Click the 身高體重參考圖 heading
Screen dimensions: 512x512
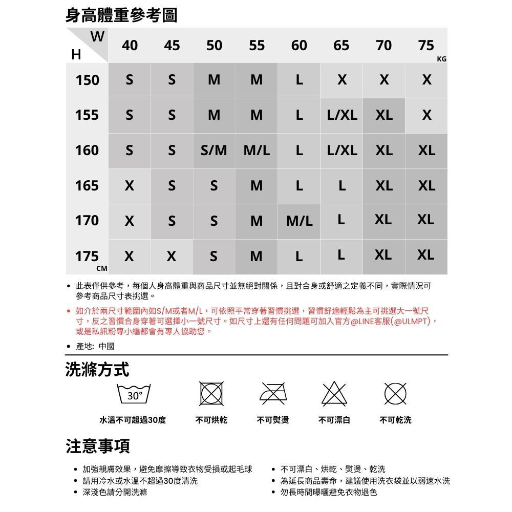(x=121, y=15)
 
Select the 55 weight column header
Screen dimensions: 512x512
(x=257, y=46)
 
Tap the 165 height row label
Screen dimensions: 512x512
(x=87, y=185)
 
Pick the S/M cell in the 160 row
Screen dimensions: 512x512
(x=214, y=151)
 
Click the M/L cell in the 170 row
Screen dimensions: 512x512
(x=299, y=221)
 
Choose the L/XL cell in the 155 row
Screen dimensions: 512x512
(x=342, y=115)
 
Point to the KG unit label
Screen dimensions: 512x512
(x=442, y=59)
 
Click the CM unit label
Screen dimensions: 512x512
(x=102, y=268)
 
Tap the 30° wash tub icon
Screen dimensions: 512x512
(x=134, y=395)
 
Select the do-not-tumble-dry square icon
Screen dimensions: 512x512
(x=212, y=395)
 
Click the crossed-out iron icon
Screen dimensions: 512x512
(x=273, y=394)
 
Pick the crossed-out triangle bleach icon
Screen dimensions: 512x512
(x=334, y=394)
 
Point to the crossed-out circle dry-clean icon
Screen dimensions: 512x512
(x=396, y=394)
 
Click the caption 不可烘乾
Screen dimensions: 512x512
(x=212, y=420)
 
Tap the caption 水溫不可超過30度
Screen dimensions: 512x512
(x=133, y=420)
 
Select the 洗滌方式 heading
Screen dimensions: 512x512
(x=97, y=369)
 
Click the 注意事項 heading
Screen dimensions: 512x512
(x=97, y=446)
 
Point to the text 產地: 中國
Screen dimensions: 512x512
(x=95, y=346)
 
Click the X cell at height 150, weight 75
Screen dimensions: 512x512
(x=426, y=80)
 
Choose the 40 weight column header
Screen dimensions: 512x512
(x=130, y=46)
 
